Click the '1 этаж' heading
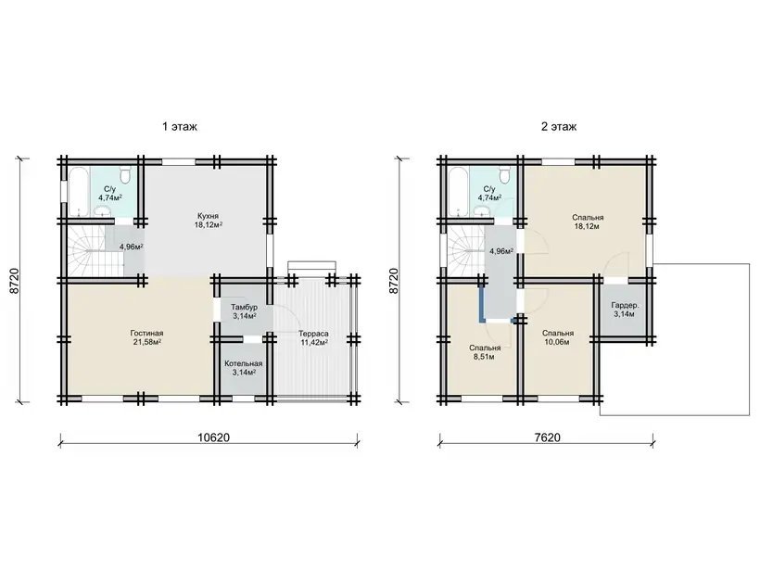tap(179, 127)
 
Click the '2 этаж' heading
tap(559, 127)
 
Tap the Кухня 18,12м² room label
tap(208, 220)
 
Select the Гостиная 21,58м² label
tap(146, 337)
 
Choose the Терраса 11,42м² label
tap(313, 338)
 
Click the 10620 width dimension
tap(213, 437)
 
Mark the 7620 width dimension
tap(547, 437)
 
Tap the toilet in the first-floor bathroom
tap(126, 175)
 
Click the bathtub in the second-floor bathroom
tap(458, 192)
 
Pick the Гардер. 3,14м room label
tap(625, 310)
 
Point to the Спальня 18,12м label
tap(588, 222)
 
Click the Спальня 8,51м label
tap(485, 352)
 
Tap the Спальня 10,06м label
tap(558, 337)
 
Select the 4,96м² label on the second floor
tap(501, 251)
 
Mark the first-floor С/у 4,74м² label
tap(110, 193)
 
